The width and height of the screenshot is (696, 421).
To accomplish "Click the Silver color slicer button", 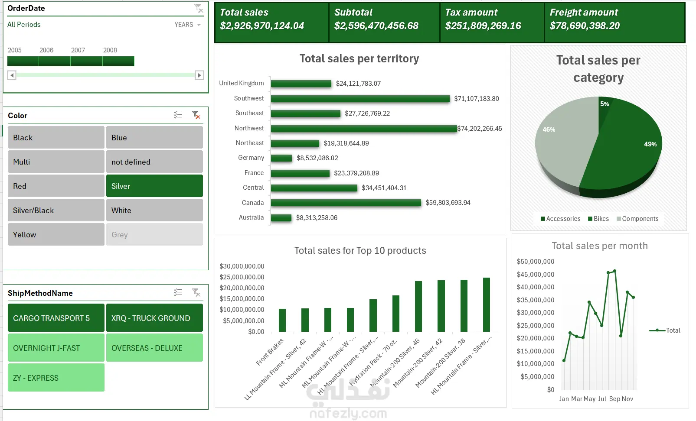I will [154, 186].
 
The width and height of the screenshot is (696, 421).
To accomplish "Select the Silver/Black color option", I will [56, 210].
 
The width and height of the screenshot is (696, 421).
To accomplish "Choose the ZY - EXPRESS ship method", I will [56, 378].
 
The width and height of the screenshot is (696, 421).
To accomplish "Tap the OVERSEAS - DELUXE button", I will [154, 348].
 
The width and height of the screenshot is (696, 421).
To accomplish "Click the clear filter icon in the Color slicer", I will [196, 115].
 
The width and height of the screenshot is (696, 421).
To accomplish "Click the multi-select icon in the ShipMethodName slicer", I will [178, 292].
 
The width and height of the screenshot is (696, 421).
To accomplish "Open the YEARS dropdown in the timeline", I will [188, 25].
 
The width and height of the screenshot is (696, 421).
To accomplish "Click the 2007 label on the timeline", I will [78, 50].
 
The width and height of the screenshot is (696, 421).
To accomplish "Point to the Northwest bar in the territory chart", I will [363, 129].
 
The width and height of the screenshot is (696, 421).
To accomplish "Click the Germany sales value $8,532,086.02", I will [317, 158].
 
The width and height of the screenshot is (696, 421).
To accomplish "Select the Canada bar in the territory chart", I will [346, 203].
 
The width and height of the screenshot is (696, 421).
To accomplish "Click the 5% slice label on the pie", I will [604, 104].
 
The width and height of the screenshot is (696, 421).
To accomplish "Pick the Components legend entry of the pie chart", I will [637, 219].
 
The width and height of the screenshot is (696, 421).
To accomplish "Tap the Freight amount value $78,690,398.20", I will [585, 26].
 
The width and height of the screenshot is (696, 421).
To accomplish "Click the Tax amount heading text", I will [471, 13].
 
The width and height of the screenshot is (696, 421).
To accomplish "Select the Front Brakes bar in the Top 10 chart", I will [282, 320].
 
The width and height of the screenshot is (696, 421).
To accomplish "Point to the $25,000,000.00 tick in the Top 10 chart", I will [242, 277].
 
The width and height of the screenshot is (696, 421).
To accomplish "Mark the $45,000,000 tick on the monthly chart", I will [535, 274].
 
